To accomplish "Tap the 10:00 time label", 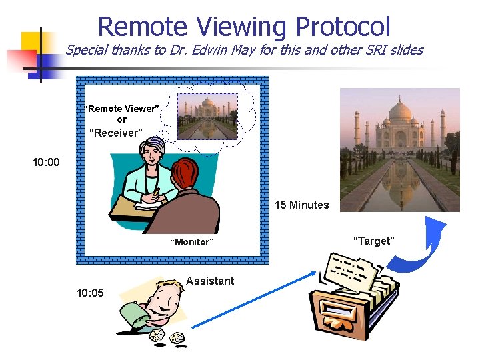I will pos(46,162).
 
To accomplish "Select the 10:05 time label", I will pos(90,292).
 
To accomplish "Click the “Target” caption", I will pos(373,241).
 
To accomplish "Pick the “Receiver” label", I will pos(116,133).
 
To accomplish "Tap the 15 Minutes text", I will pos(301,205).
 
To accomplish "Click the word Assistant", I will pos(210,281).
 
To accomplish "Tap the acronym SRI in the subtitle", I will pos(373,50).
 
